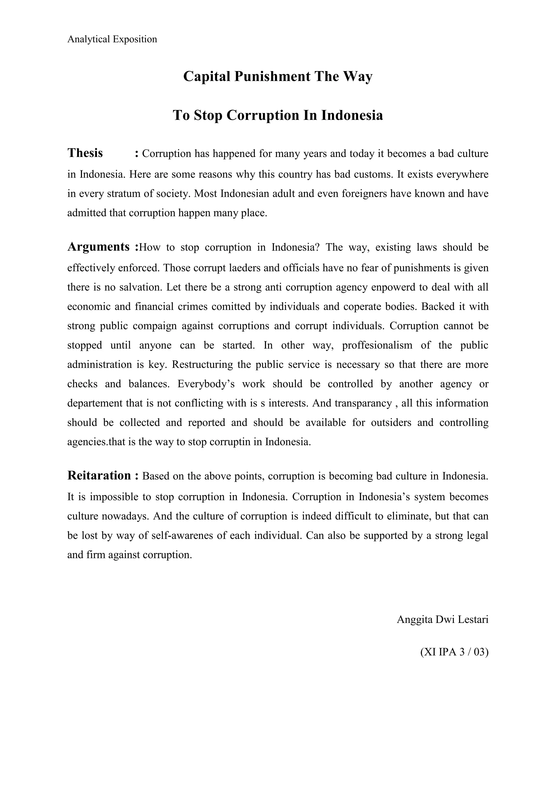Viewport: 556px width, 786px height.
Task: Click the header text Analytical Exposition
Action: coord(112,39)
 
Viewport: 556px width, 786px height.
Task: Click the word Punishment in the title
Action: coord(272,76)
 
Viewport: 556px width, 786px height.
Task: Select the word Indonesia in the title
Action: coord(352,115)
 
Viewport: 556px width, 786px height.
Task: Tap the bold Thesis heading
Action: coord(85,153)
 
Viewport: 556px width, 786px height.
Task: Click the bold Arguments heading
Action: coord(99,246)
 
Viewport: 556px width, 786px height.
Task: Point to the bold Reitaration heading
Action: coord(99,476)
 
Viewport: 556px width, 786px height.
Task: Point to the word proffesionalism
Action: coord(377,345)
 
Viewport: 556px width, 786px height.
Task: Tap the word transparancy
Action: coord(363,403)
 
